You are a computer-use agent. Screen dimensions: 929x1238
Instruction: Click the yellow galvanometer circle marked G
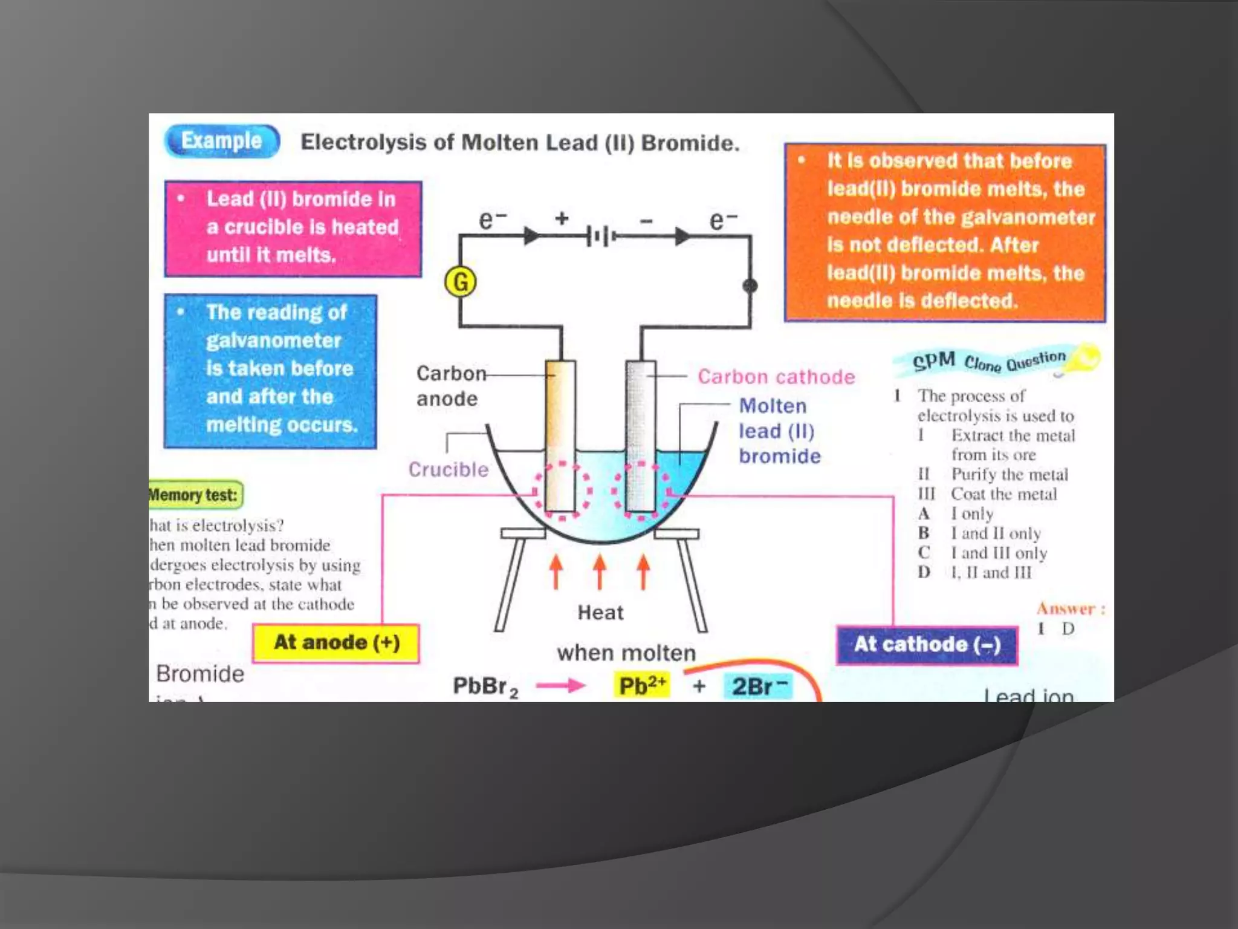point(461,282)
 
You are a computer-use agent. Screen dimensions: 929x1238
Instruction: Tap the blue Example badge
point(222,141)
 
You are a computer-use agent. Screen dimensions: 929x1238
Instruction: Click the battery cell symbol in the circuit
point(601,236)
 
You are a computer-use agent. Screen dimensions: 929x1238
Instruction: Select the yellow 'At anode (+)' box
point(337,643)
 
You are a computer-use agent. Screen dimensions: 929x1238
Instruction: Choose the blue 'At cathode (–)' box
point(927,645)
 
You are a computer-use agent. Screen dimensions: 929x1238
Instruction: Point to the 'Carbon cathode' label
point(776,377)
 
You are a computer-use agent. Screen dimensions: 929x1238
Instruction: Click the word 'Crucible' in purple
point(448,469)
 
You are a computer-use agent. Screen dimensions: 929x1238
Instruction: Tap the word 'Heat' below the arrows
point(600,613)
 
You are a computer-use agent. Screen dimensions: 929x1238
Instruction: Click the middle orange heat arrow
point(600,572)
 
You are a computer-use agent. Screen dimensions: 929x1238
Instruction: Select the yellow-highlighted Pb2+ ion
point(642,686)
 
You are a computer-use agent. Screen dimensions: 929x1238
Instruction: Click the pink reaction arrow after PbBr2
point(560,685)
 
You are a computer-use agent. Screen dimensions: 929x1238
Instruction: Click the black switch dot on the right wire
point(750,286)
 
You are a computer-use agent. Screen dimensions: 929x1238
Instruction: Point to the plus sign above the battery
point(562,218)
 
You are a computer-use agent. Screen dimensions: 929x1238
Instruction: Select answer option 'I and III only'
point(999,553)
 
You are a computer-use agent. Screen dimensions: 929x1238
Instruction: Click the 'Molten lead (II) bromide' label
point(779,431)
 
